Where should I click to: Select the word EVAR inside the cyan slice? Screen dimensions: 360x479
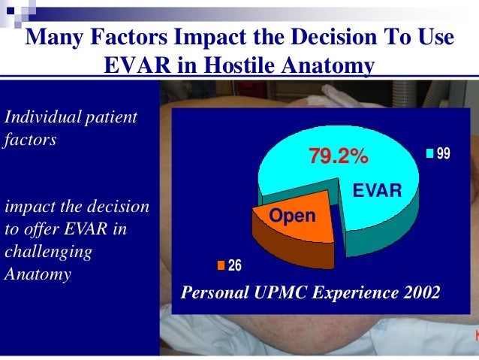378,191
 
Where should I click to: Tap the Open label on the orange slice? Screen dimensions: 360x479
293,216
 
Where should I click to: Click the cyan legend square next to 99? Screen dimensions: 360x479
429,154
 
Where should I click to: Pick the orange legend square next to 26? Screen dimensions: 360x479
221,265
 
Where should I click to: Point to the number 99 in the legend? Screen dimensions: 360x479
443,154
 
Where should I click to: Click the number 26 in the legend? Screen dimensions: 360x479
234,265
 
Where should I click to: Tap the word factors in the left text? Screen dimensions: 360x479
30,140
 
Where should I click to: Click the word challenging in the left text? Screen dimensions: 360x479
48,252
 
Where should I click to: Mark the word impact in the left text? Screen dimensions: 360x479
27,207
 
